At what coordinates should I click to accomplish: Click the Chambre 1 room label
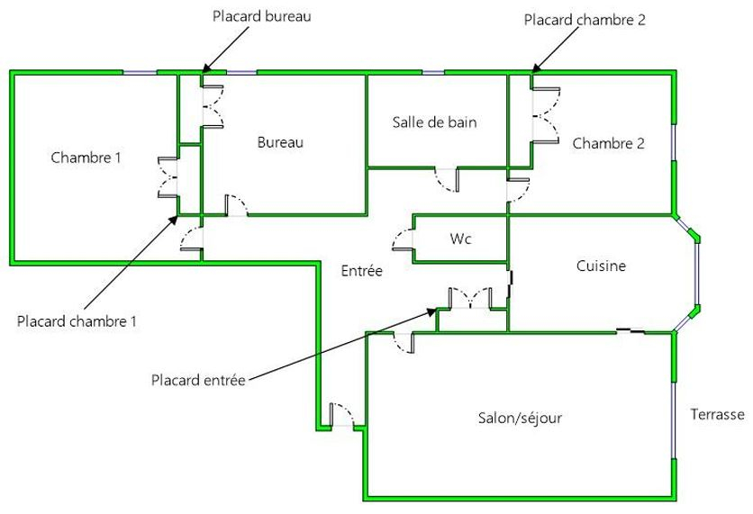click(86, 158)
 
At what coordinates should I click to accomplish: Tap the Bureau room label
click(280, 142)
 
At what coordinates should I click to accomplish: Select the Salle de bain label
click(434, 122)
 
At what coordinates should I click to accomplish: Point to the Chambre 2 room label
click(608, 143)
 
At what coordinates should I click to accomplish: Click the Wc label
click(461, 239)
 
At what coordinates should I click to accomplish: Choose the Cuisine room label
click(601, 266)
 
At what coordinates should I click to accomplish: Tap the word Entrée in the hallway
click(362, 270)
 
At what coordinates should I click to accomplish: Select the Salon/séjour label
click(520, 418)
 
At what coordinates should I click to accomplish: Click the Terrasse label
click(717, 415)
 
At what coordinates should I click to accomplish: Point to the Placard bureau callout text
click(261, 16)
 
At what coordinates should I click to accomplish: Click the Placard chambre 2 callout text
click(585, 19)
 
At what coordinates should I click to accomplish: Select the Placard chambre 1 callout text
click(77, 321)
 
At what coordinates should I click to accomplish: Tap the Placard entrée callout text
click(197, 380)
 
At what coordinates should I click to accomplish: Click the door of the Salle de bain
click(447, 180)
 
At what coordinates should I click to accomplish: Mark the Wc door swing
click(402, 240)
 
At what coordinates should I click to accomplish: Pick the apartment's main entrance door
click(343, 415)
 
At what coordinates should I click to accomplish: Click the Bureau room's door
click(234, 205)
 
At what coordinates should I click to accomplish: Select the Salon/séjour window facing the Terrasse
click(674, 418)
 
